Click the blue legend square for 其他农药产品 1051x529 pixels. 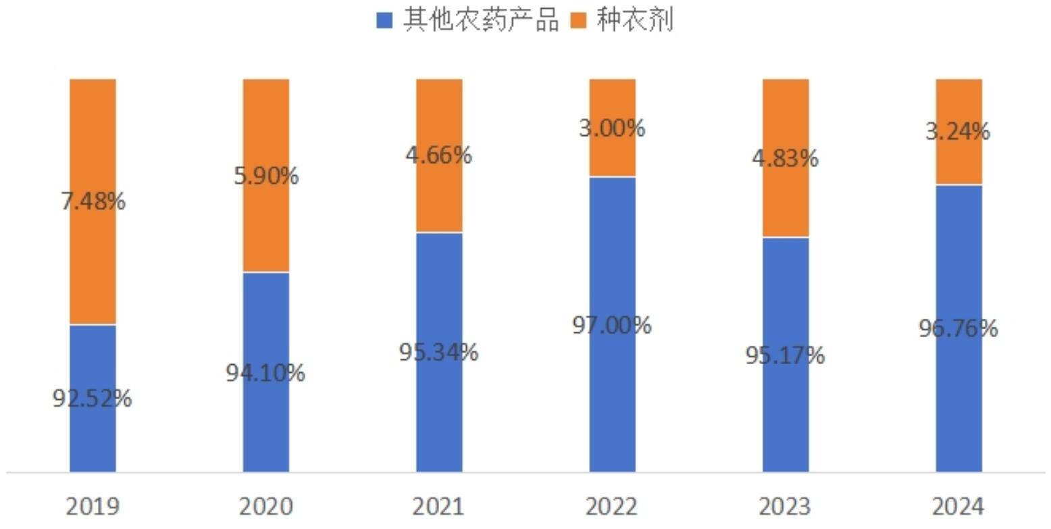[x=384, y=21]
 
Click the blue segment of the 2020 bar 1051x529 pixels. [x=266, y=419]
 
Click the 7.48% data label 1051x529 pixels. [x=93, y=201]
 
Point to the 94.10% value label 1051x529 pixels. [x=266, y=373]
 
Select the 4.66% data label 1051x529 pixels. [x=439, y=155]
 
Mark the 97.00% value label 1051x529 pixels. [x=612, y=326]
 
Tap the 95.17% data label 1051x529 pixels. [x=786, y=355]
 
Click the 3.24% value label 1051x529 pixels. [x=958, y=131]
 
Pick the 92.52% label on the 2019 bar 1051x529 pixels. [x=93, y=399]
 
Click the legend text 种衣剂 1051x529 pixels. [x=634, y=21]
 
